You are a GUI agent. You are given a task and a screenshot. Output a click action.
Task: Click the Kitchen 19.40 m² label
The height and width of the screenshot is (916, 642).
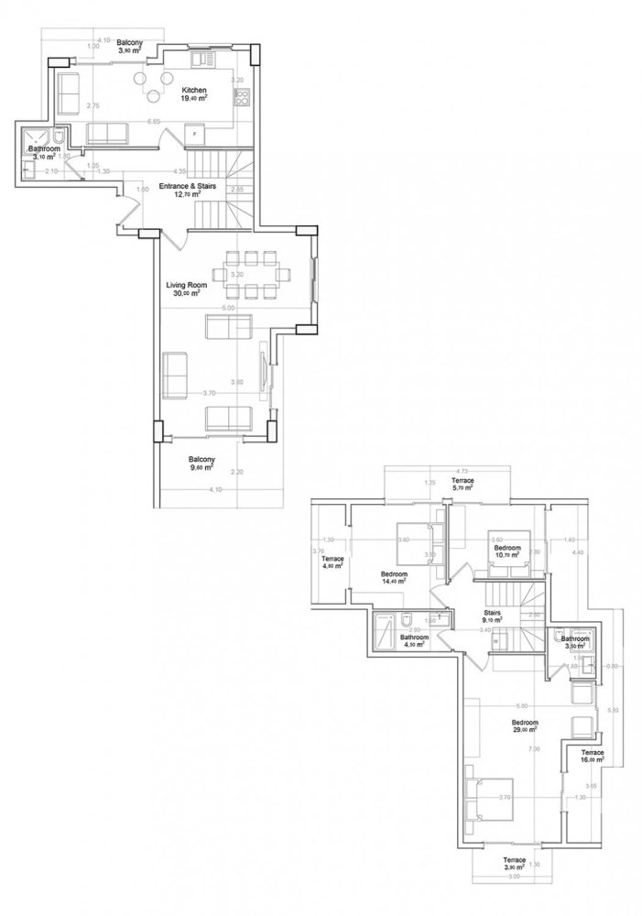[x=193, y=93]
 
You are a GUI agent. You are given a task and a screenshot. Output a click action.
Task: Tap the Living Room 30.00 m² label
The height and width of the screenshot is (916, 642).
[x=186, y=289]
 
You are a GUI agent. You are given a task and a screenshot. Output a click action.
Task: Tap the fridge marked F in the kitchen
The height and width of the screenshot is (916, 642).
[x=194, y=135]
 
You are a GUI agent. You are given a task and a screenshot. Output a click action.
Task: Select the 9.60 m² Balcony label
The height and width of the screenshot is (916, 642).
[x=201, y=463]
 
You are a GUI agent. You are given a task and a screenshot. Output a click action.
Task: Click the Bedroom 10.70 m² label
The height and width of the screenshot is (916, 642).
[x=506, y=551]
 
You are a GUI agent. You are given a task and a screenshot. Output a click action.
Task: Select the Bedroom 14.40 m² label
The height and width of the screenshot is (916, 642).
[x=395, y=577]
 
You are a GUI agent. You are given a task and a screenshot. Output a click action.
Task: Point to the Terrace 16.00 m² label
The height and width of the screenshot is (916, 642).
[x=593, y=756]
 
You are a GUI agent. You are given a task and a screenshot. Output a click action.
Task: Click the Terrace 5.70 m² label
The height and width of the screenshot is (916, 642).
[x=463, y=485]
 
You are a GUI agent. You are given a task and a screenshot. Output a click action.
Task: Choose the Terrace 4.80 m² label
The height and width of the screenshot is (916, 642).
[x=332, y=562]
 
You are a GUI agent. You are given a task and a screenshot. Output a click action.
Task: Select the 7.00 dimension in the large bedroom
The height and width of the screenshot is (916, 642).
[x=534, y=749]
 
